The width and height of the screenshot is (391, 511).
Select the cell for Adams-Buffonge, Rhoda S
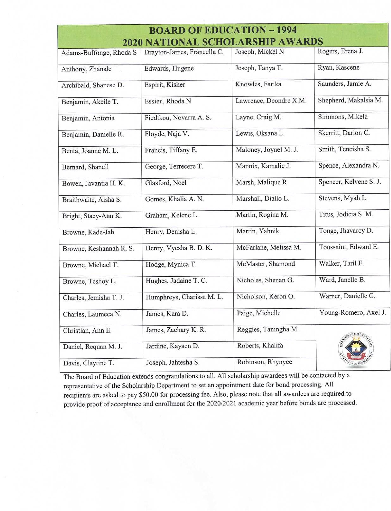(99, 52)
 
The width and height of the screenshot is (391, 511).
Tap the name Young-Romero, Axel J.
(352, 313)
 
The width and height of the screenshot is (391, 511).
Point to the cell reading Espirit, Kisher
(165, 85)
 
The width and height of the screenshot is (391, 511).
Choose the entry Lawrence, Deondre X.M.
(271, 101)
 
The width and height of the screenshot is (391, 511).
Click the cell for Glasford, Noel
(166, 182)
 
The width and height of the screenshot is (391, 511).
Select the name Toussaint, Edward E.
(349, 247)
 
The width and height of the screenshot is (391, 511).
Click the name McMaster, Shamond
(266, 264)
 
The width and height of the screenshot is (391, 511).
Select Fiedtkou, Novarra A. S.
(178, 118)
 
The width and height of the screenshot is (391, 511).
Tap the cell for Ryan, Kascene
(338, 68)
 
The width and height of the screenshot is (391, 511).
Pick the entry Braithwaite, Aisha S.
(92, 200)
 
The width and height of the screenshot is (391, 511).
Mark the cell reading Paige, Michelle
(258, 313)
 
